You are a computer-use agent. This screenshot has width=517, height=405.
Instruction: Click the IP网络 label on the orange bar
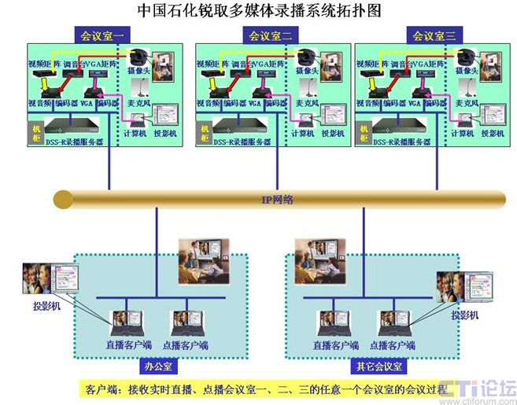pos(277,200)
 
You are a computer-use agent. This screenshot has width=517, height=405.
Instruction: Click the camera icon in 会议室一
pos(140,57)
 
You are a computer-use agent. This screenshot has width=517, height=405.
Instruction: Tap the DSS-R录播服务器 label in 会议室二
pos(243,142)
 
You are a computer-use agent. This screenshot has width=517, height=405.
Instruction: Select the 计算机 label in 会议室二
pos(303,134)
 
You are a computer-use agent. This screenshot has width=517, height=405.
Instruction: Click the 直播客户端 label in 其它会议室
pos(336,344)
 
